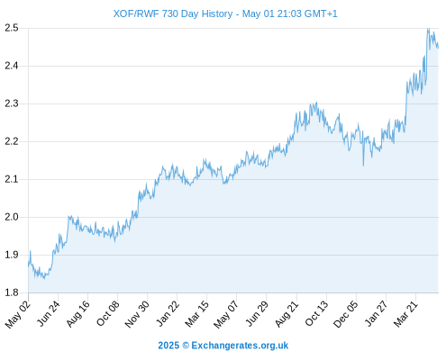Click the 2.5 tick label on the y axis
(x=12, y=28)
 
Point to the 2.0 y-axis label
(x=12, y=217)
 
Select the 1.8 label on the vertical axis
(x=12, y=292)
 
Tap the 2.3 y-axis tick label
(x=12, y=103)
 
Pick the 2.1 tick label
(x=12, y=179)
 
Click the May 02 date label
(x=18, y=314)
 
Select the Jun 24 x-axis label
(x=48, y=313)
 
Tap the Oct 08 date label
(x=107, y=313)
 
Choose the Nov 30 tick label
(x=137, y=314)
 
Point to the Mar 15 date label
(x=196, y=313)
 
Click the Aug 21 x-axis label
(x=287, y=314)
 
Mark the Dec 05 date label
(x=346, y=314)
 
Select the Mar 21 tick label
(x=405, y=313)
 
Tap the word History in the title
(x=217, y=13)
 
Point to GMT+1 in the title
(x=321, y=13)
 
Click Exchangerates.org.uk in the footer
(x=240, y=346)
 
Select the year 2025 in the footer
(x=168, y=346)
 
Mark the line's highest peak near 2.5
(x=429, y=29)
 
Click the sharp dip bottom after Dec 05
(x=363, y=166)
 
